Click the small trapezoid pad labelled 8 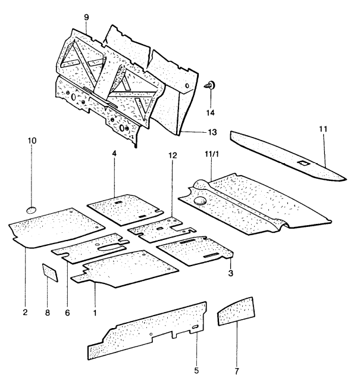pos(50,272)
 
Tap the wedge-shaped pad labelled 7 pos(234,313)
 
